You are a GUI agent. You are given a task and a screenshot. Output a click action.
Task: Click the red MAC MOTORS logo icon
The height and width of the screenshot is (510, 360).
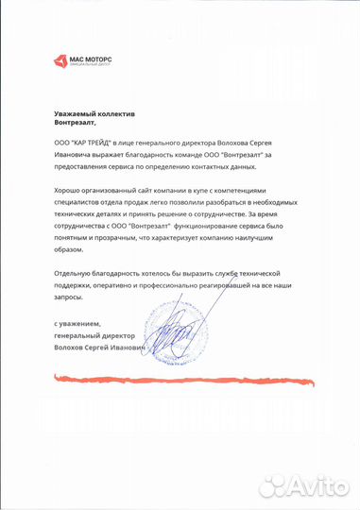point(61,62)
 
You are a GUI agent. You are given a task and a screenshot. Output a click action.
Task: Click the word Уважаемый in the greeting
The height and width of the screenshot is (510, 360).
point(77,112)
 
